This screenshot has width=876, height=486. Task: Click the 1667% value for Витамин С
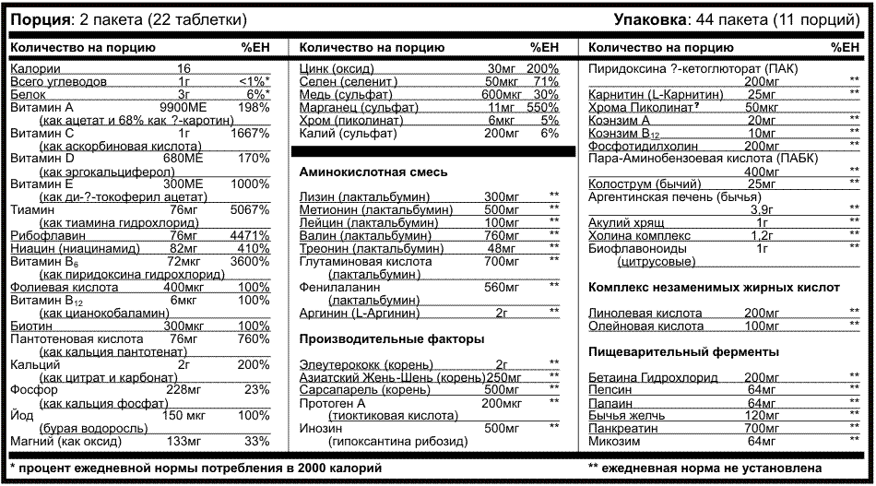click(251, 134)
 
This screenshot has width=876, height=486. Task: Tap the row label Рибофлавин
click(41, 236)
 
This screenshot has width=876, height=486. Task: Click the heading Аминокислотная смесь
click(373, 172)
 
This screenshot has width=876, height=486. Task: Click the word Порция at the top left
click(36, 19)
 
